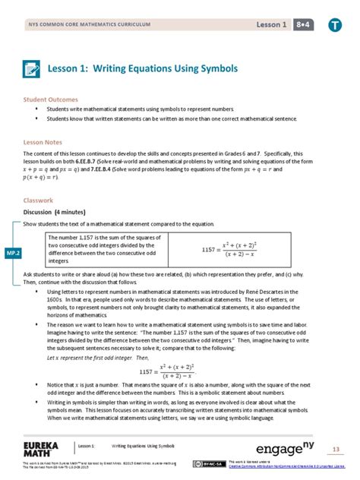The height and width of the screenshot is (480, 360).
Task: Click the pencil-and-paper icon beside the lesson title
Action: pyautogui.click(x=33, y=68)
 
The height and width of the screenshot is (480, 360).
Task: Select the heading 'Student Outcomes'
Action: pyautogui.click(x=49, y=99)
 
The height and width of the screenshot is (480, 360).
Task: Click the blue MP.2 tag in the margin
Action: pyautogui.click(x=13, y=252)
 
